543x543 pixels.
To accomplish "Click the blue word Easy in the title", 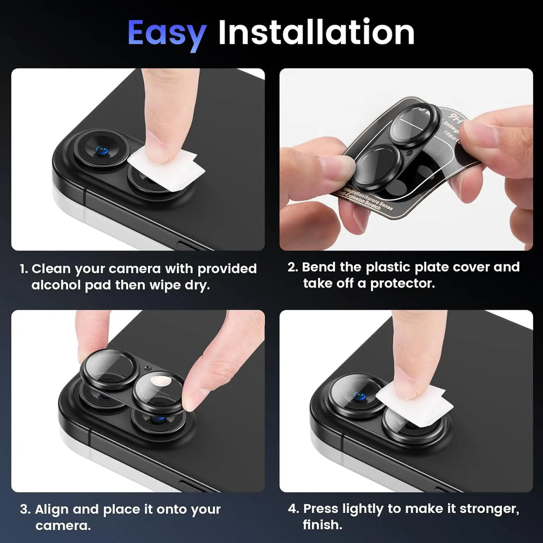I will tap(166, 33).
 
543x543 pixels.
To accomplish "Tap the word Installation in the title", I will tap(316, 33).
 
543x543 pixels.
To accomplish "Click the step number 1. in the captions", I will tap(24, 269).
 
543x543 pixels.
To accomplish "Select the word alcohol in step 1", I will tap(55, 285).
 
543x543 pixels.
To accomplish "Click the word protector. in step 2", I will tap(402, 283).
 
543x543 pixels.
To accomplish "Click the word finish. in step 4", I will tap(322, 525).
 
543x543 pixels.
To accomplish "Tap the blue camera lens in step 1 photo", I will tap(102, 150).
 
